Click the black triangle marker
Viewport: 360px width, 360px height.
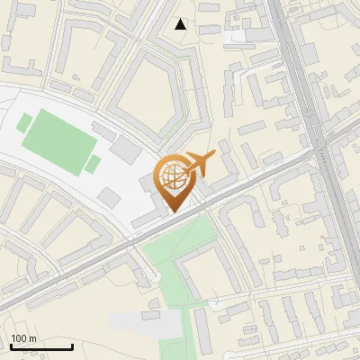pos(181,24)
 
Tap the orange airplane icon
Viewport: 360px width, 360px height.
pos(200,163)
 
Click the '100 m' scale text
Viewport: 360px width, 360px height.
pos(23,338)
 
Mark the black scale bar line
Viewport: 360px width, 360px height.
pos(40,347)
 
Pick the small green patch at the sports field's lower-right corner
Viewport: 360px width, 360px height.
pos(93,164)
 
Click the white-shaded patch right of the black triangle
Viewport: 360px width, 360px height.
pos(238,37)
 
